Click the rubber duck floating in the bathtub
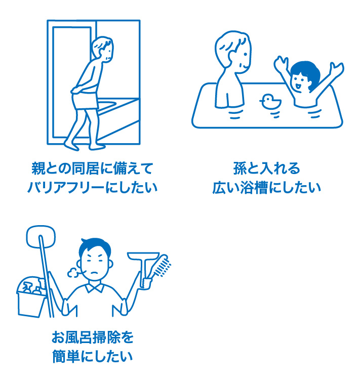pos(270,102)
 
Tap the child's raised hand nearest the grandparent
pos(281,64)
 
